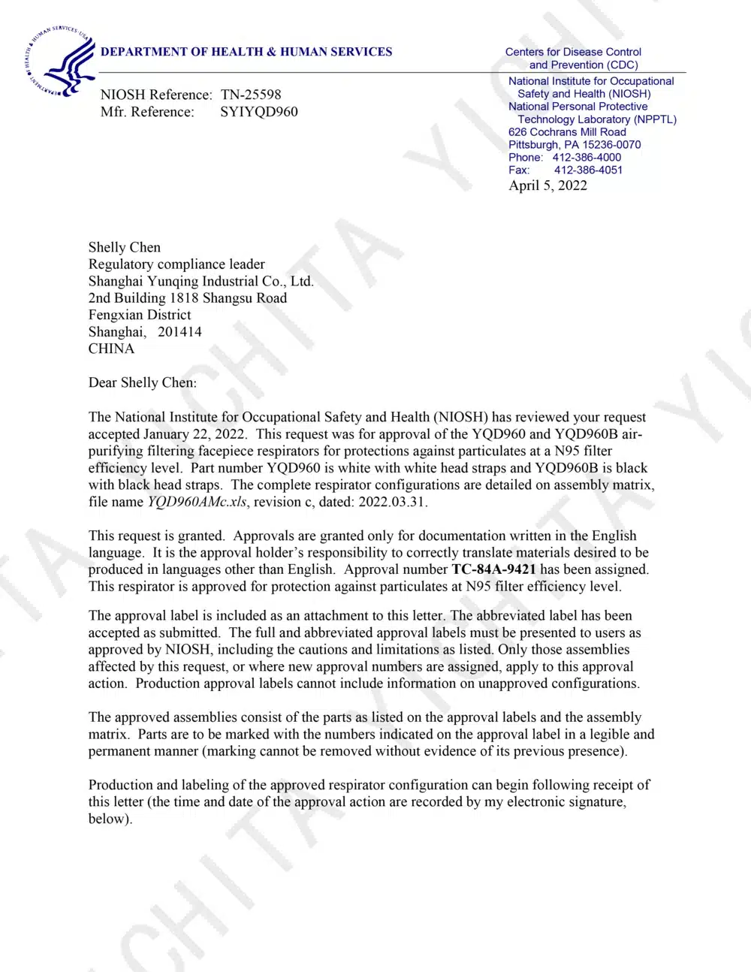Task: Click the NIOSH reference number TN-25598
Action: coord(251,95)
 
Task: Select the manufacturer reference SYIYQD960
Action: coord(259,112)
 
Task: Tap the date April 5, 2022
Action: coord(547,186)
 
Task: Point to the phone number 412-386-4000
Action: coord(587,157)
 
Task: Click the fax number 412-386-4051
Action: coord(588,170)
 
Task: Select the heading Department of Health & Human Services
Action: coord(246,52)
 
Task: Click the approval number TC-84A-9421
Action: coord(493,569)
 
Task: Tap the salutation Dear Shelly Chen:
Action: coord(143,382)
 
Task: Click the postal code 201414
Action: coord(179,332)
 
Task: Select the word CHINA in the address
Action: coord(111,349)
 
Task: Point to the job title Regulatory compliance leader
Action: coord(176,264)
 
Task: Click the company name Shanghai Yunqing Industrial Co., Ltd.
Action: coord(201,281)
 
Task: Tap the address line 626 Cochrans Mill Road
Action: coord(567,131)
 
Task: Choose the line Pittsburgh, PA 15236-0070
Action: coord(575,144)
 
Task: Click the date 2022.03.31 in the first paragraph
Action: coord(392,502)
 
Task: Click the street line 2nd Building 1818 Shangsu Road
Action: coord(188,298)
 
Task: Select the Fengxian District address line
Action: coord(140,315)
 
